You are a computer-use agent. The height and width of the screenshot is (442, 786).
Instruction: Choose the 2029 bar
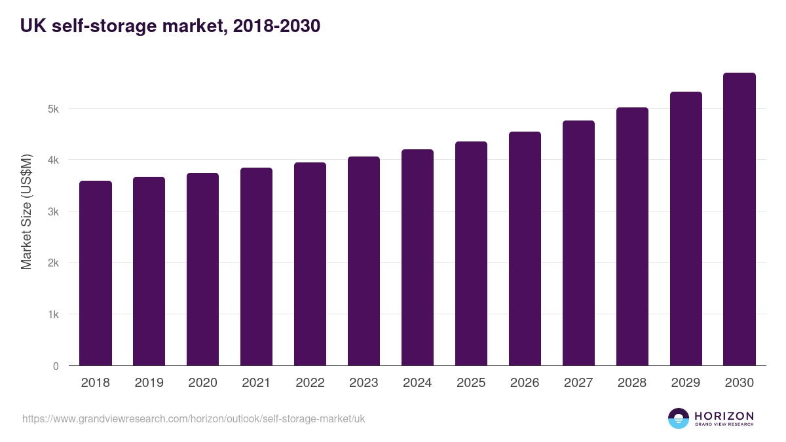pyautogui.click(x=686, y=229)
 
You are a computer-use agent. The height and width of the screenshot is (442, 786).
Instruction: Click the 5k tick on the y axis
pyautogui.click(x=53, y=109)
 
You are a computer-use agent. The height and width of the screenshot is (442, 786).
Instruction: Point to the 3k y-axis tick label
pyautogui.click(x=53, y=212)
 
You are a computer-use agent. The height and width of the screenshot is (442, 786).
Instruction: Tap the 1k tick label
pyautogui.click(x=53, y=315)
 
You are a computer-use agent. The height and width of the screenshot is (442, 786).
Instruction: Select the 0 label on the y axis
pyautogui.click(x=56, y=367)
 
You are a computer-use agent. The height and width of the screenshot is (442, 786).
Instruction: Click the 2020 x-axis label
pyautogui.click(x=202, y=383)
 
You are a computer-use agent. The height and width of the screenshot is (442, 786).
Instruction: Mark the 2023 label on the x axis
pyautogui.click(x=364, y=383)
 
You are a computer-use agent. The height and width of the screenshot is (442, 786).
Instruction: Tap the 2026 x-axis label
pyautogui.click(x=525, y=383)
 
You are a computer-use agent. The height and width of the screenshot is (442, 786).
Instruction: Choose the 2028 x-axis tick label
pyautogui.click(x=632, y=383)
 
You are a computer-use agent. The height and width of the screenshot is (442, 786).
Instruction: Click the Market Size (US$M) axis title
pyautogui.click(x=26, y=212)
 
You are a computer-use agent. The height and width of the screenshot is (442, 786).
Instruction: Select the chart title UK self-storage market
pyautogui.click(x=170, y=26)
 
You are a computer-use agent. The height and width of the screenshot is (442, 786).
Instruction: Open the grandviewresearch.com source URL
pyautogui.click(x=194, y=418)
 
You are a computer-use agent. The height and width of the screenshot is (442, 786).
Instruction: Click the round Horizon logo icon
pyautogui.click(x=679, y=418)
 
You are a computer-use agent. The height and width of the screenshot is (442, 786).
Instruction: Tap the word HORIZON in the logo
pyautogui.click(x=724, y=415)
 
